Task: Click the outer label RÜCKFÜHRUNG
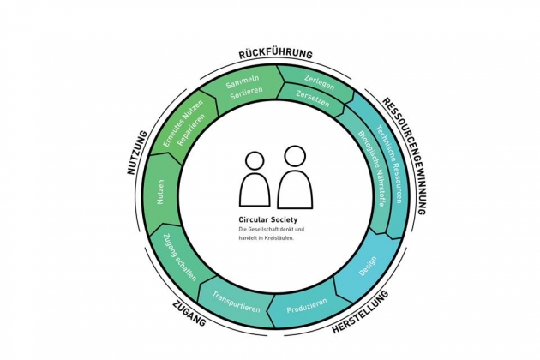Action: pos(275,54)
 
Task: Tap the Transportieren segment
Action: pos(236,300)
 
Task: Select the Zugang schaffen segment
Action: pos(180,256)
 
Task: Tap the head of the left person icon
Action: pos(255,160)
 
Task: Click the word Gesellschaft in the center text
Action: pos(264,230)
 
